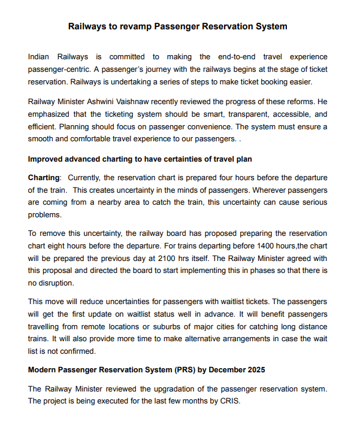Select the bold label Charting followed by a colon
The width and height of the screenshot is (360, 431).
pyautogui.click(x=44, y=178)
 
